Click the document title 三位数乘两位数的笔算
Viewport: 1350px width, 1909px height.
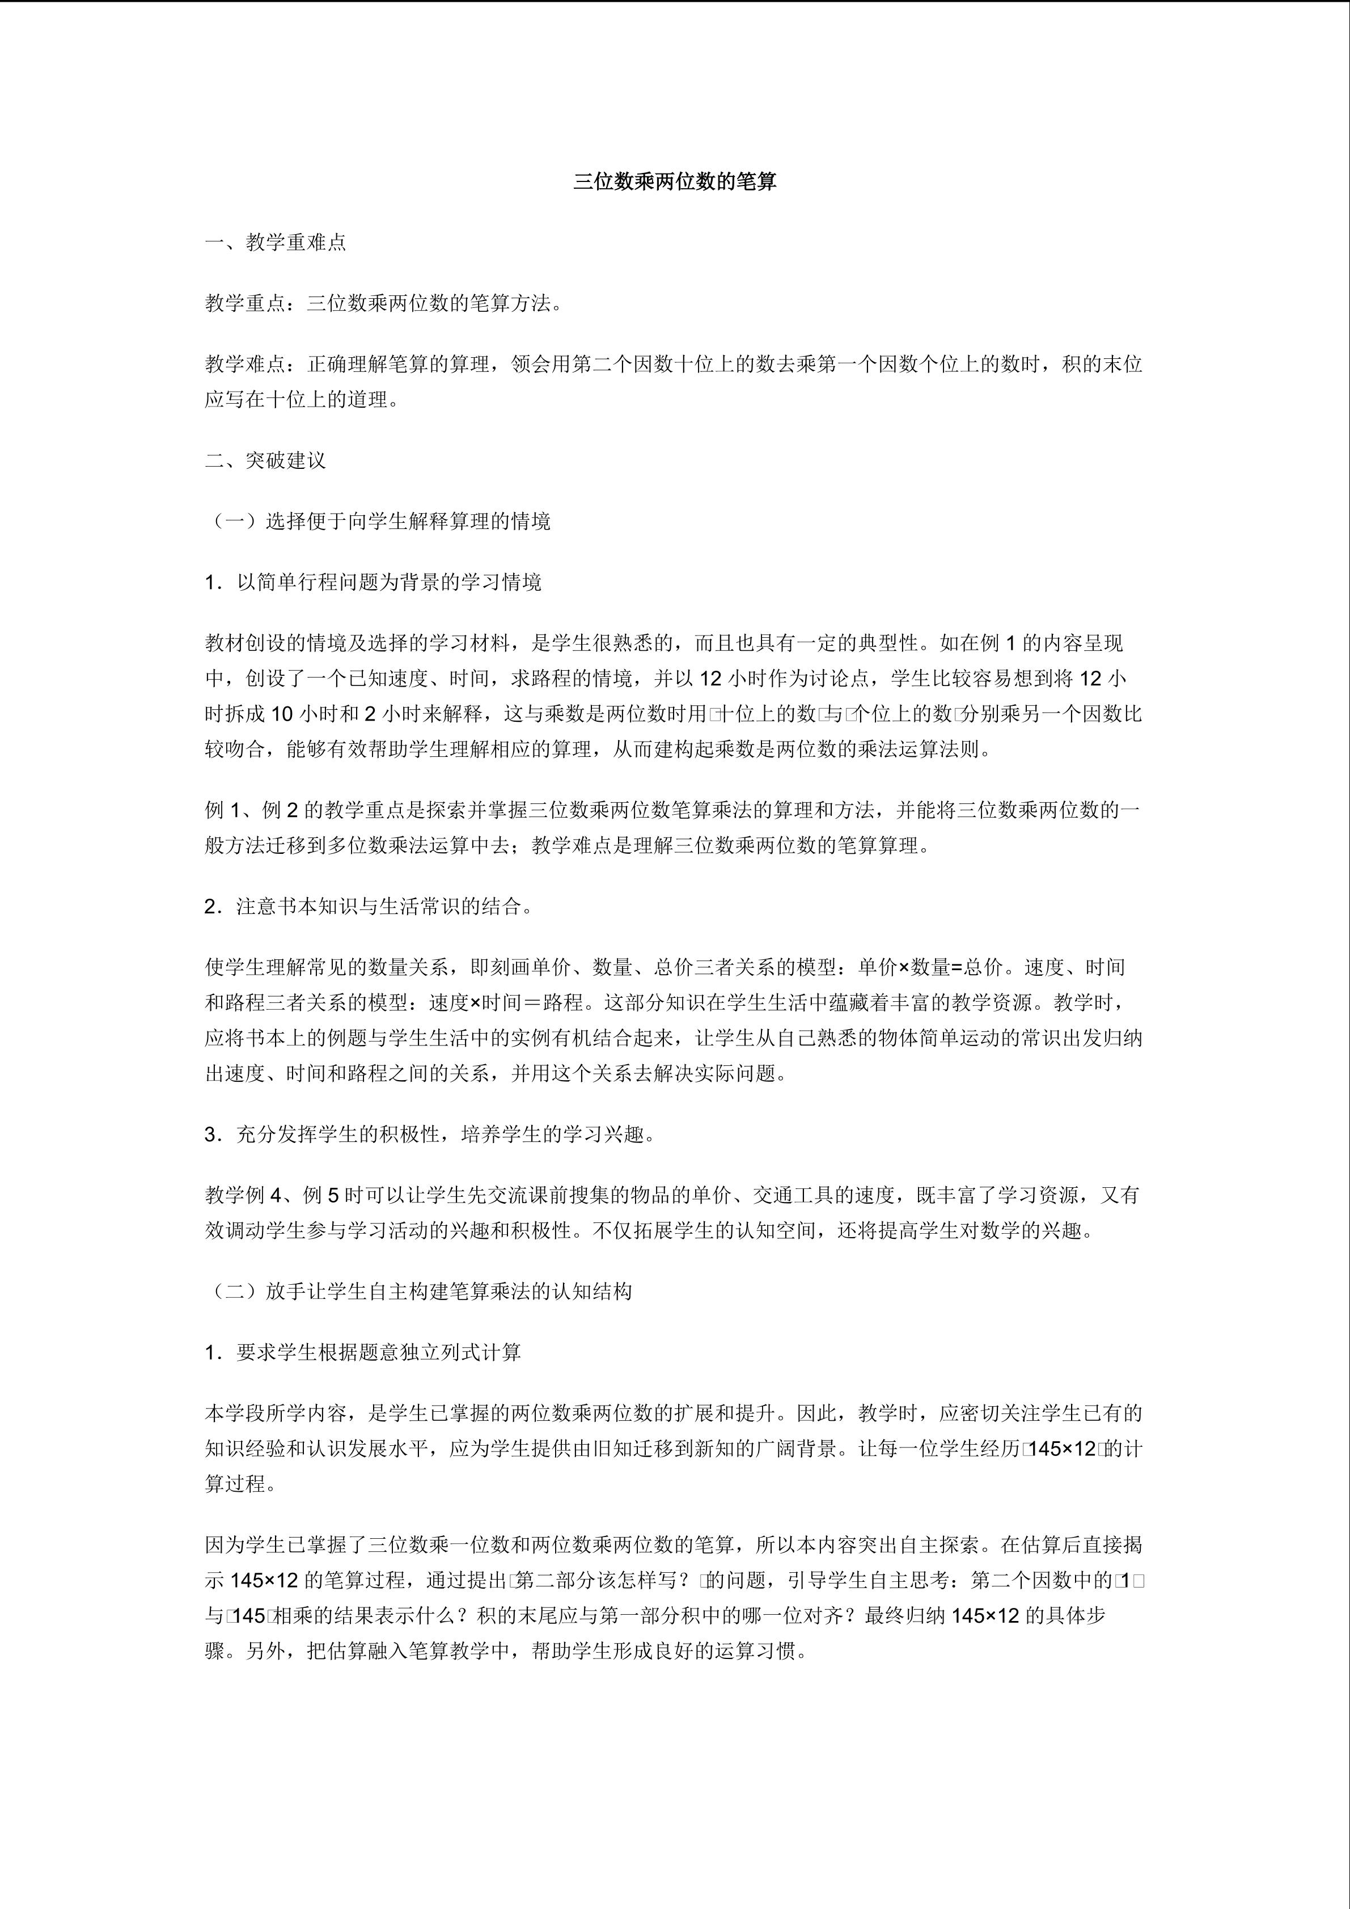click(x=674, y=182)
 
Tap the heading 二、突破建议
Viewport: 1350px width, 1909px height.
click(x=265, y=460)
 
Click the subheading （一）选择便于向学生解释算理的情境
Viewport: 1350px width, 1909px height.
click(x=378, y=521)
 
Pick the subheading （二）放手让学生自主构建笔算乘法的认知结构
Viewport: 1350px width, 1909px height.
click(x=418, y=1291)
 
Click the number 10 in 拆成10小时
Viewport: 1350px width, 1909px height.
click(x=282, y=713)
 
